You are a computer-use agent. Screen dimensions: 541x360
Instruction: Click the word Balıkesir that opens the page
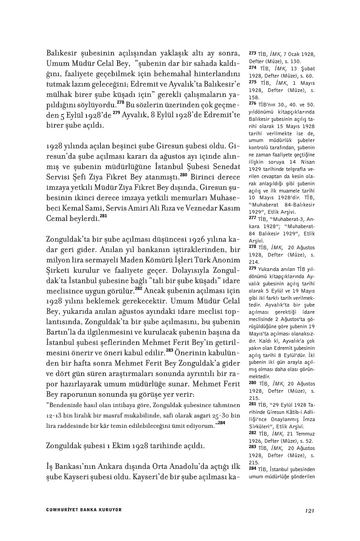(63, 54)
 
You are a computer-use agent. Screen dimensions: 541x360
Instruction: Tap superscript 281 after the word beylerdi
(103, 216)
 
